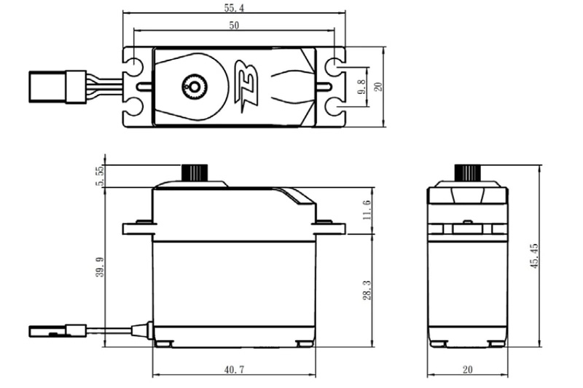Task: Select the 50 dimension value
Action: tap(234, 25)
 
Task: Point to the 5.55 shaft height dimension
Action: tap(100, 175)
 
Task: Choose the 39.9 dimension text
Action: tap(100, 266)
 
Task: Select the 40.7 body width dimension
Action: tap(234, 370)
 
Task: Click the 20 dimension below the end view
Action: tap(466, 370)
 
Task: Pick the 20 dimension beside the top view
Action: tap(378, 87)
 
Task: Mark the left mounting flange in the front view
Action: tap(137, 229)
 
